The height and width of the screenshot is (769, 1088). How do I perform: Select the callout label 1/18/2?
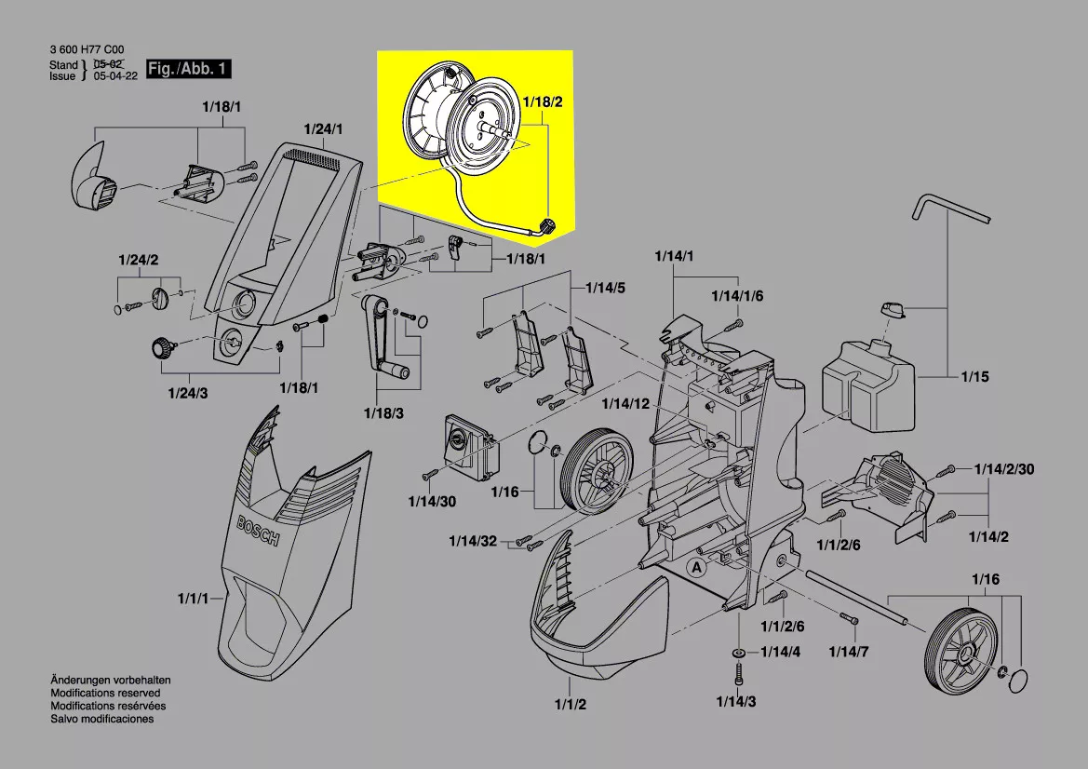click(543, 101)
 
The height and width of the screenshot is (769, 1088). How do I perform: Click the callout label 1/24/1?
click(323, 128)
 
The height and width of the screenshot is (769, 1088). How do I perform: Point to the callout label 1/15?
click(975, 377)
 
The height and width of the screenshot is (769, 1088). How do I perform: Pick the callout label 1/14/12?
click(625, 403)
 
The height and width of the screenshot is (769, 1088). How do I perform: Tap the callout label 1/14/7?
click(849, 651)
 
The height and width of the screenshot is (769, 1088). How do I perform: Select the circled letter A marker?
click(695, 566)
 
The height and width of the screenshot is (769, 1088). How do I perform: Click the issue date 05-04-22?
click(115, 77)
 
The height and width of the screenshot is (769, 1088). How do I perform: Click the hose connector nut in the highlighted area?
click(546, 224)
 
